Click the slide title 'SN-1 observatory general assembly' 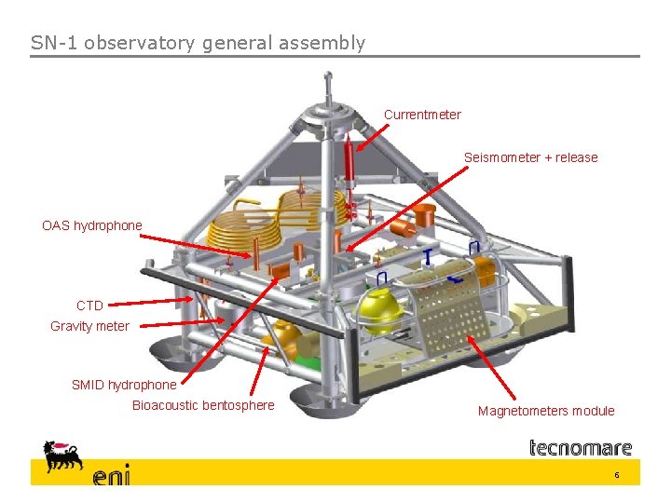tap(198, 43)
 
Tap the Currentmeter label tap(422, 115)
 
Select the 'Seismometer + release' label tap(530, 157)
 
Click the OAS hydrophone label tap(92, 225)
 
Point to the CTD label tap(89, 306)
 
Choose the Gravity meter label tap(89, 326)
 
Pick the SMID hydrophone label tap(124, 385)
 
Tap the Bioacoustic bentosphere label tap(203, 405)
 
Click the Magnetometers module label tap(546, 411)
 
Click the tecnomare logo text tap(581, 448)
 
